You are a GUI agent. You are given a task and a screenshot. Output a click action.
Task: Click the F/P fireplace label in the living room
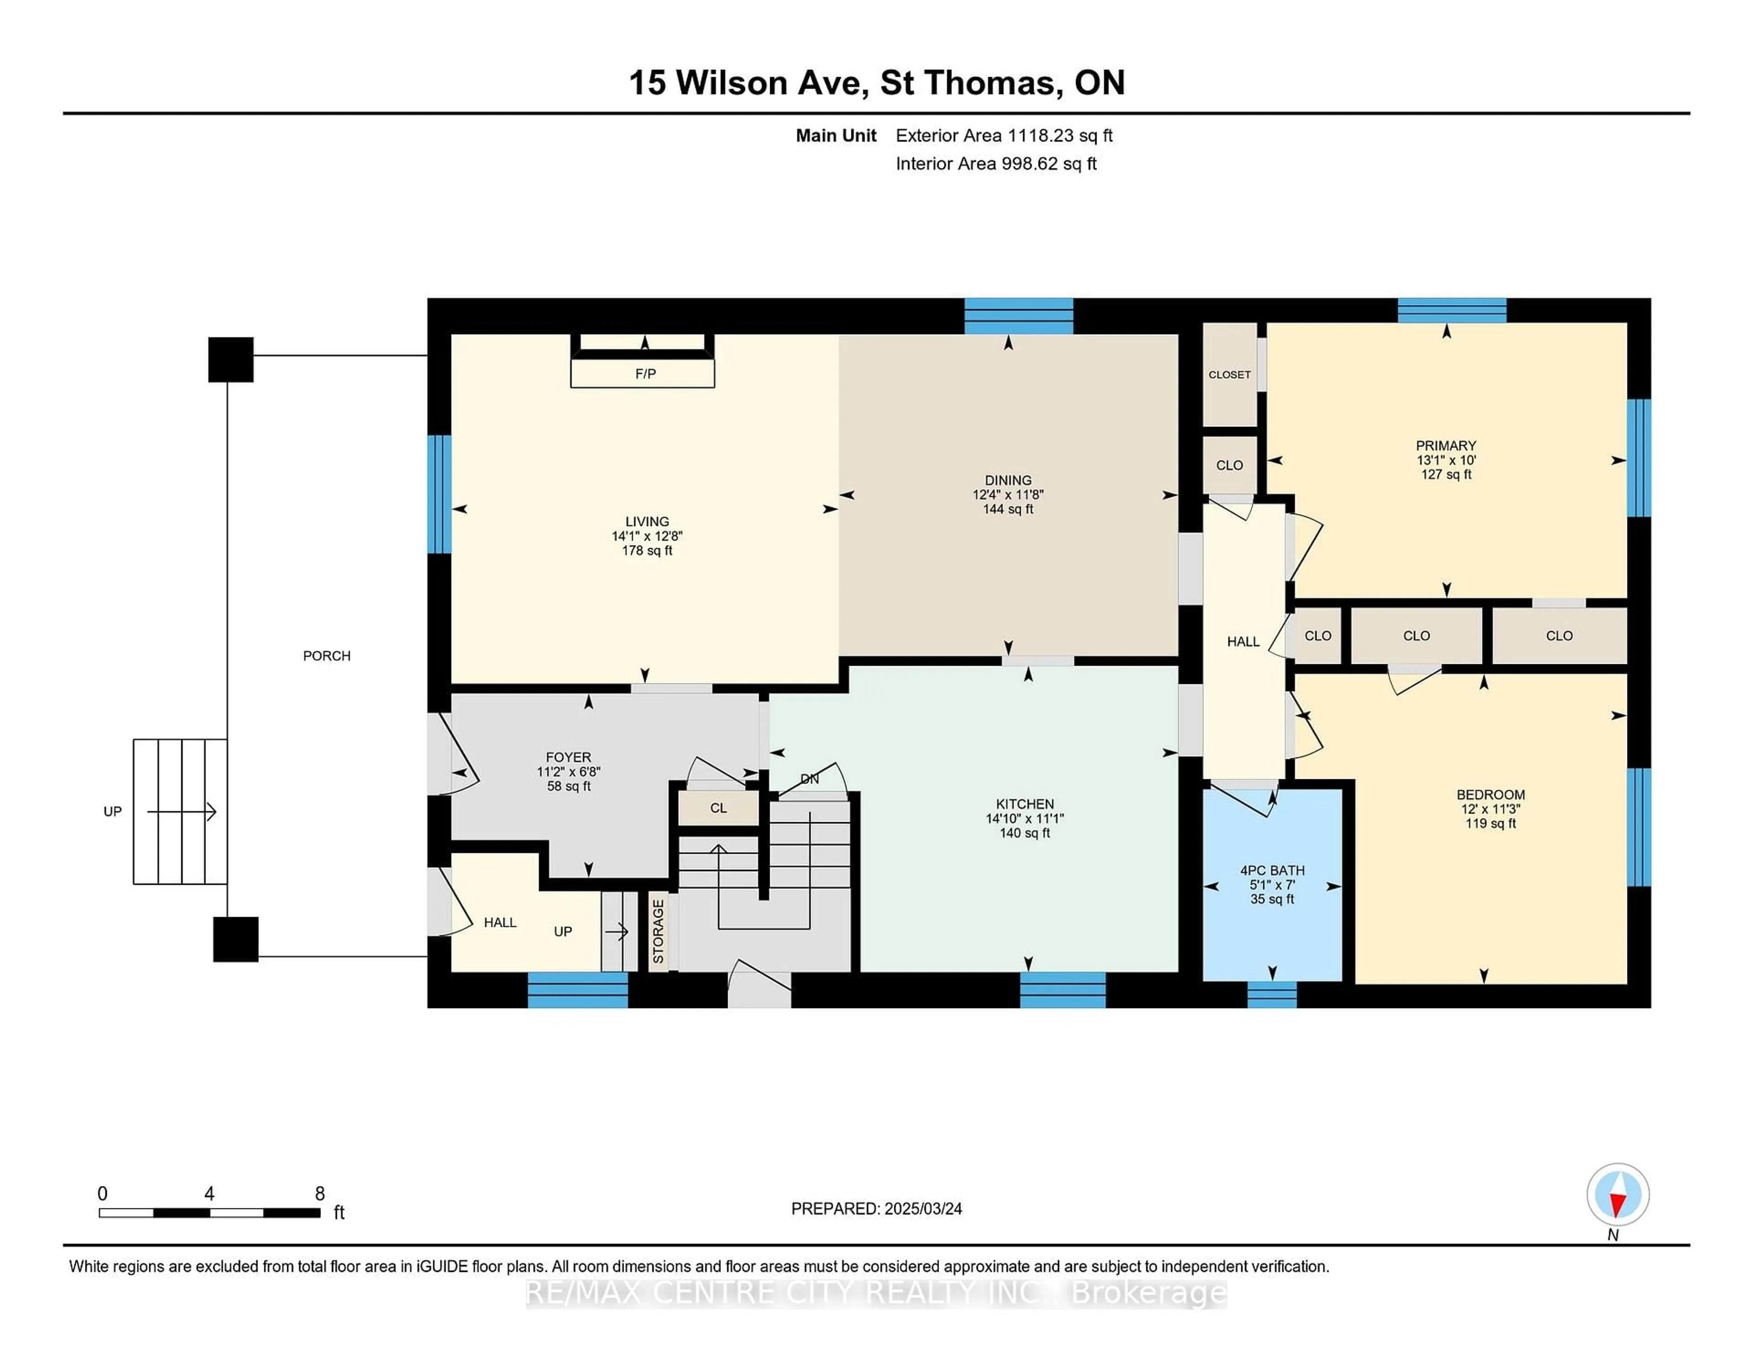(x=646, y=374)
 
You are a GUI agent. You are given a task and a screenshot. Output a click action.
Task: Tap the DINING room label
(x=1008, y=480)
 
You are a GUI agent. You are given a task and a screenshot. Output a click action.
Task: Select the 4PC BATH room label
(x=1272, y=870)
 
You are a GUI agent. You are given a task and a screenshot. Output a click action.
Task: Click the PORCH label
(x=327, y=656)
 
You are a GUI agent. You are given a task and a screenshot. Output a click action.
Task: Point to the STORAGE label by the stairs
(x=658, y=932)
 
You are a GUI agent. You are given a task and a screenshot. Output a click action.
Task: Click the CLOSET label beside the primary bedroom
(x=1229, y=375)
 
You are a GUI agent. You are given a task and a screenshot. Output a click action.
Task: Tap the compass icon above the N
(x=1617, y=1194)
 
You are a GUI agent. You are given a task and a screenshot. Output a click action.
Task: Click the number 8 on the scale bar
(x=320, y=1194)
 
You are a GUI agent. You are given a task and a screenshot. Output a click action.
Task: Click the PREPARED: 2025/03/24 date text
(x=876, y=1209)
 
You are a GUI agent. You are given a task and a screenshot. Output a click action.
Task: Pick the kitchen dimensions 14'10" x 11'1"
(x=1024, y=819)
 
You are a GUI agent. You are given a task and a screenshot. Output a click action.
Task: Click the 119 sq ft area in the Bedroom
(x=1491, y=824)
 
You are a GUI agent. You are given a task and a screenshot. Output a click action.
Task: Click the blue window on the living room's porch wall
(x=439, y=494)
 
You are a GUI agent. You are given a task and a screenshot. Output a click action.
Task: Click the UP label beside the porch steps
(x=112, y=812)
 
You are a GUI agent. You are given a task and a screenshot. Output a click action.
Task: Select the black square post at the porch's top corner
(x=231, y=360)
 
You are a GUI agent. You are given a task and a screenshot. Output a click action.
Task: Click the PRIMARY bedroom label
(x=1446, y=446)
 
